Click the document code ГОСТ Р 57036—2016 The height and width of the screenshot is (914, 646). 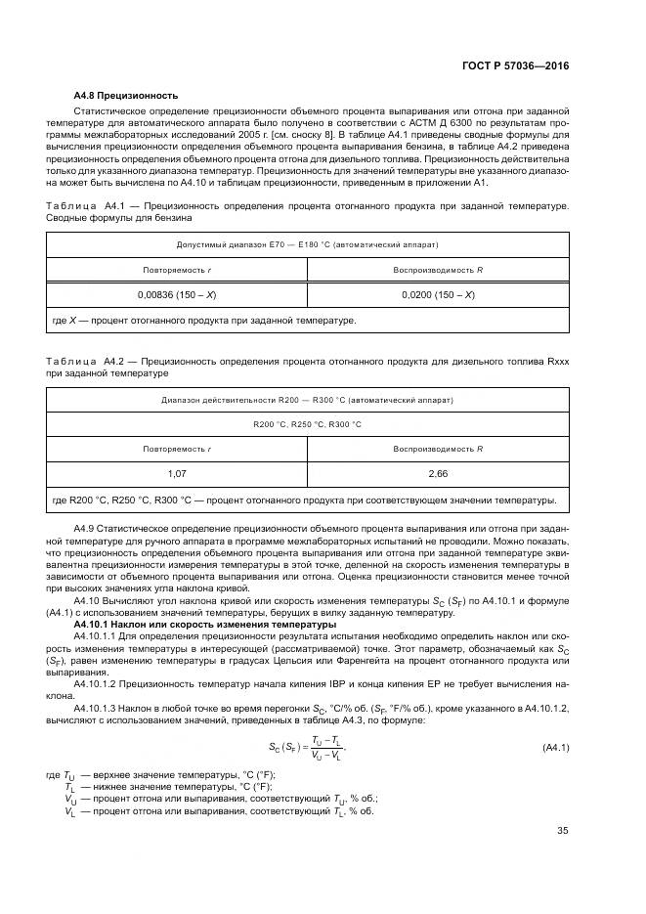[x=517, y=65]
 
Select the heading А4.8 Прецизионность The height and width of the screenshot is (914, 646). [x=125, y=96]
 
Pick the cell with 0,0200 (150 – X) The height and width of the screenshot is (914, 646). [x=438, y=294]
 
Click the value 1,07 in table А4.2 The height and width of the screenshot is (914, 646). [x=177, y=474]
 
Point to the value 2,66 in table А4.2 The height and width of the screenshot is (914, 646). [x=438, y=474]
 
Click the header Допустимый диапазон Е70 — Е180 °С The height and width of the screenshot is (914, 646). [x=307, y=243]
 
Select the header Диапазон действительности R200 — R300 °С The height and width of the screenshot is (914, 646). [x=307, y=400]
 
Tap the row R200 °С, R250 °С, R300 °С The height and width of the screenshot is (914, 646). [x=307, y=424]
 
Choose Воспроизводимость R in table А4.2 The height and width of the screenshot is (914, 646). [x=438, y=449]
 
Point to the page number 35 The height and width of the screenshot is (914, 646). [x=562, y=831]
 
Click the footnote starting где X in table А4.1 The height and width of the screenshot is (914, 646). [x=204, y=320]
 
